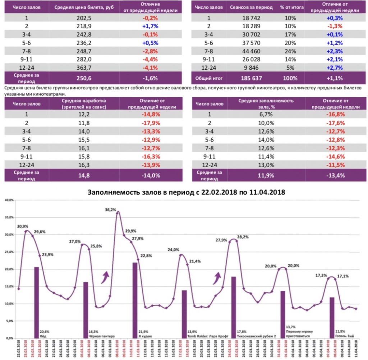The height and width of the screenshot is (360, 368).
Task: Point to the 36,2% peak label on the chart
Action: pyautogui.click(x=111, y=210)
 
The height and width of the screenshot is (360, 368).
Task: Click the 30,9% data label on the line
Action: pyautogui.click(x=23, y=226)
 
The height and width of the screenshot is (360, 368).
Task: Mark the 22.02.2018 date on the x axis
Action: pyautogui.click(x=19, y=350)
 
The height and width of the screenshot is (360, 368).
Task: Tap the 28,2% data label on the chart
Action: pyautogui.click(x=243, y=237)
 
